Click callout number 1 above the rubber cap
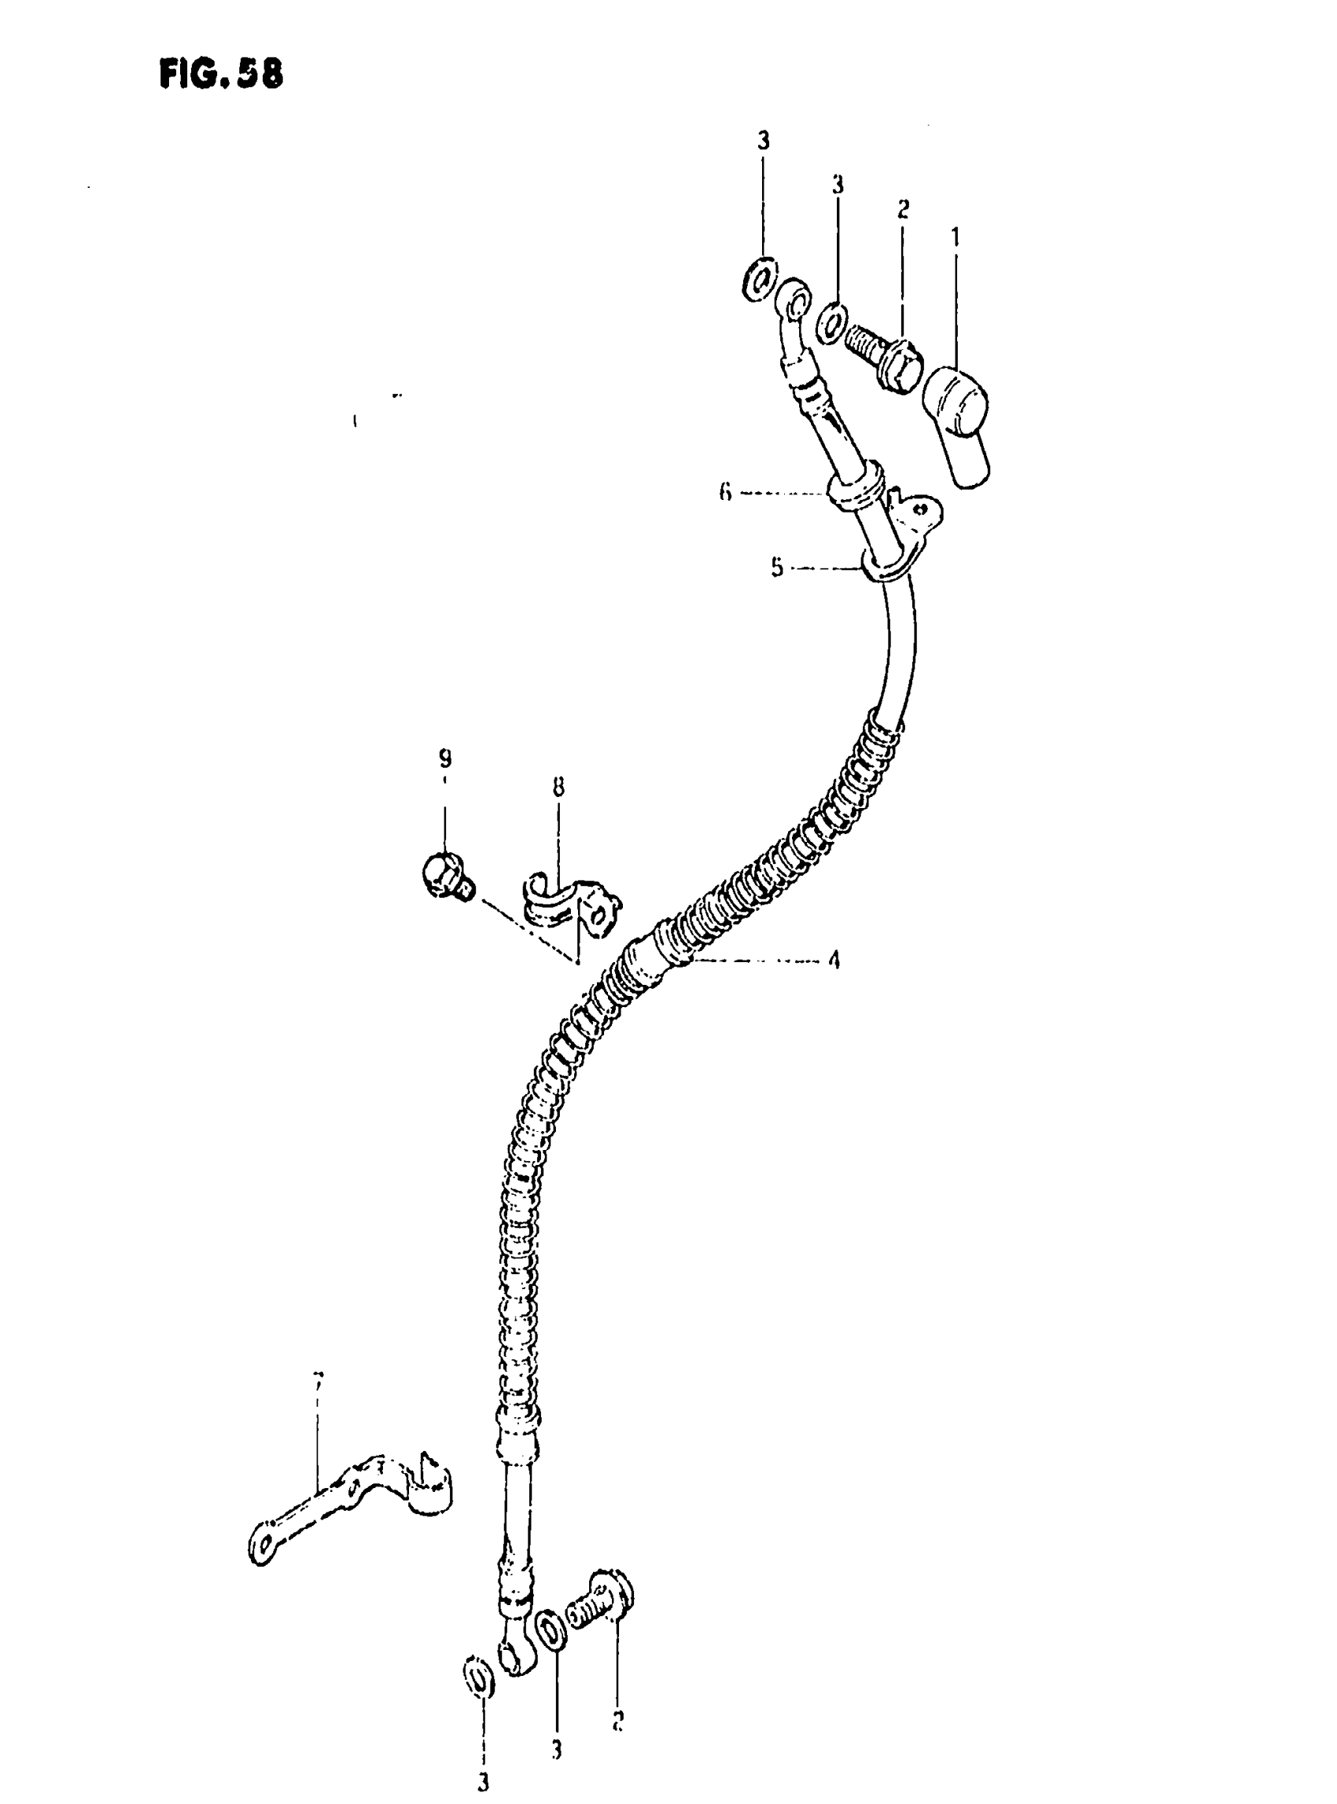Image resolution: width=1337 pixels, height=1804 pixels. coord(956,237)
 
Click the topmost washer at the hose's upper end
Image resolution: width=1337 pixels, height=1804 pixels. coord(760,279)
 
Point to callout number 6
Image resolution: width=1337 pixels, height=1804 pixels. coord(725,492)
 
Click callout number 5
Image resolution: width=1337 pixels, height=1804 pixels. coord(777,568)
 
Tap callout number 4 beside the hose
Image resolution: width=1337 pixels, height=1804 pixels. coord(833,961)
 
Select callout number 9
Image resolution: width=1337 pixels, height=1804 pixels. coord(444,759)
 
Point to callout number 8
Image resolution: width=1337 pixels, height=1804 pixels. coord(558,786)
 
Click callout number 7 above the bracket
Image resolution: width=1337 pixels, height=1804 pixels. coord(318,1380)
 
